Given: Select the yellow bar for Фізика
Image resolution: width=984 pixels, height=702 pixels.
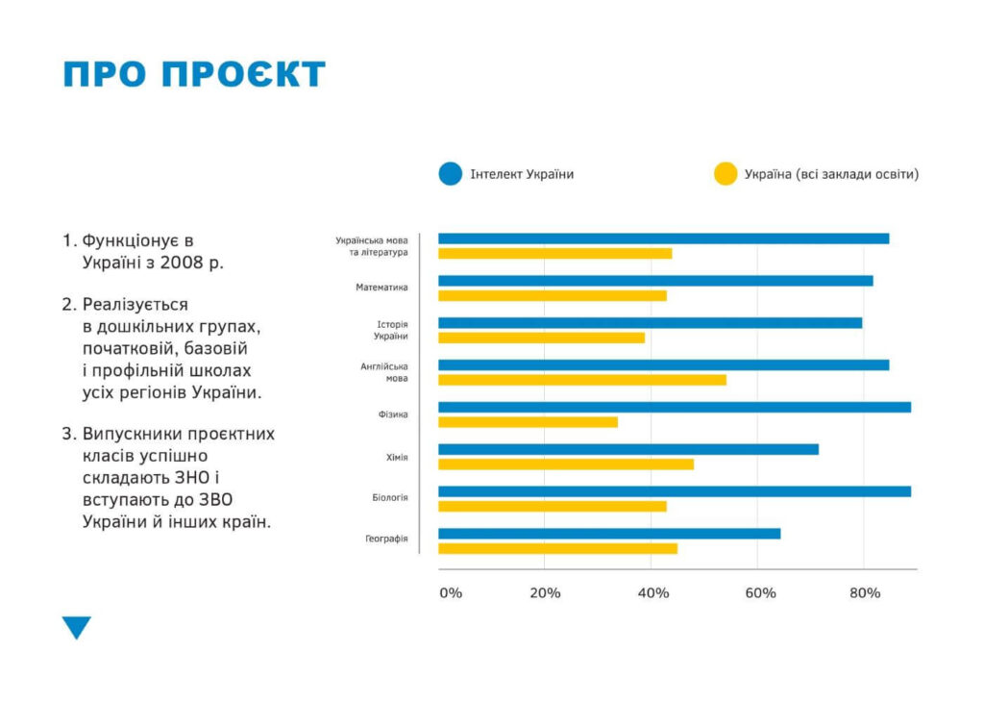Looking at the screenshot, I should [529, 422].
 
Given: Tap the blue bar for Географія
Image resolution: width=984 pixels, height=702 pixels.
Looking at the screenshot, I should [609, 534].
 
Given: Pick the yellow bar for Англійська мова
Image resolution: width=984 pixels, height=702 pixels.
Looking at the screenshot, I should [582, 380].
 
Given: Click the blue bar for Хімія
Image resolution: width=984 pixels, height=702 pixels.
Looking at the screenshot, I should [628, 449].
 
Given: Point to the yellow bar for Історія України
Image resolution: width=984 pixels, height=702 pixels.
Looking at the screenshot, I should [542, 338].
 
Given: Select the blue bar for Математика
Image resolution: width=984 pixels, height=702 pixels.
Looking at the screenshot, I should [655, 281].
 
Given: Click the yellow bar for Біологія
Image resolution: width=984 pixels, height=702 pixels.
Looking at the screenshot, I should [553, 506].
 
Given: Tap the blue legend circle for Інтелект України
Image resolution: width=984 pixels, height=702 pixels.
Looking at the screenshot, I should [451, 174].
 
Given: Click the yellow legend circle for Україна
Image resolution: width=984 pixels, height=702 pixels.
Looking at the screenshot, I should [725, 174].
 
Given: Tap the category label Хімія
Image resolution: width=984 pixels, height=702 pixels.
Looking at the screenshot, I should [391, 457].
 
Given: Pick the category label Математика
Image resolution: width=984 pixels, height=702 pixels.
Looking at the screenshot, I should [381, 287].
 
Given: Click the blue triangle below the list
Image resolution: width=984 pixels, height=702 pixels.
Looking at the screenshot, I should [76, 628].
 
